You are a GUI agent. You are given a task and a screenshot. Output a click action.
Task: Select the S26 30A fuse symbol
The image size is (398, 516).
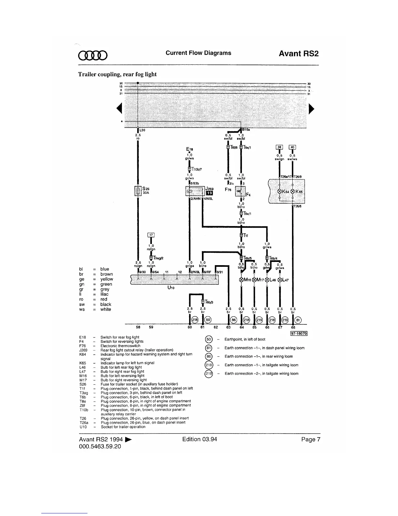138,191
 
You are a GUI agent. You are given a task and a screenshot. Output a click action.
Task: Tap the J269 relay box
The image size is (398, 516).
194,191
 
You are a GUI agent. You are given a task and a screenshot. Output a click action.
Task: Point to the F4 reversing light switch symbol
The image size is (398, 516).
241,191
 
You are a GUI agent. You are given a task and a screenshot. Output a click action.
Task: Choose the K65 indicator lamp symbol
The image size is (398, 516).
293,191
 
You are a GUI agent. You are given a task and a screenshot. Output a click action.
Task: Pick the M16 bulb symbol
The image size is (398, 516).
241,279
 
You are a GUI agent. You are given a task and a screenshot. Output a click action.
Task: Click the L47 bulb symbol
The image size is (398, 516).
280,279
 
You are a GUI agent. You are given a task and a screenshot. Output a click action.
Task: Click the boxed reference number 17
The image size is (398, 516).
151,235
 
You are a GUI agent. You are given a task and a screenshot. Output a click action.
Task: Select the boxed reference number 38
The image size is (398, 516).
279,147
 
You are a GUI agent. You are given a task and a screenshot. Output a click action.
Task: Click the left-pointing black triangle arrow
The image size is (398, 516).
119,107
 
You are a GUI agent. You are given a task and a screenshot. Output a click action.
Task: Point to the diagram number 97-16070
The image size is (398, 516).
298,333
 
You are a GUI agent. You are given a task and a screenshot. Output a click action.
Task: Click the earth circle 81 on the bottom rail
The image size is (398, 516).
298,320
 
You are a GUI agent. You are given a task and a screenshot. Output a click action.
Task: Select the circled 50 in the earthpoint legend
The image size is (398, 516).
209,339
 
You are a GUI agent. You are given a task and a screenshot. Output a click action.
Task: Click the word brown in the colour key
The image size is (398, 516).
107,274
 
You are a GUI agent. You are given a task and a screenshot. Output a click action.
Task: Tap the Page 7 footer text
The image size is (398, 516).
311,439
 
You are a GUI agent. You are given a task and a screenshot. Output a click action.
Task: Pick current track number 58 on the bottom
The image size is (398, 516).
138,327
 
